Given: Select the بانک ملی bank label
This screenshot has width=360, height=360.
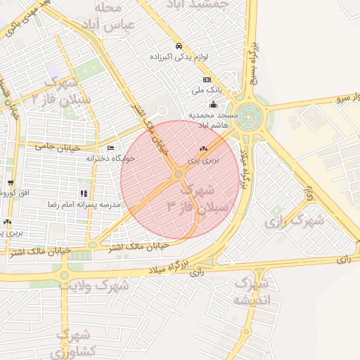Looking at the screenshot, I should click(207, 91).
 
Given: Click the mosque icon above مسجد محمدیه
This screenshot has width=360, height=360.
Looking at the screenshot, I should click(214, 105).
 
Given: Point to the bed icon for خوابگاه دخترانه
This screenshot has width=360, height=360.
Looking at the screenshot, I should click(110, 148).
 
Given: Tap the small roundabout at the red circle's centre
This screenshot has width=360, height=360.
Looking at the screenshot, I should click(179, 173).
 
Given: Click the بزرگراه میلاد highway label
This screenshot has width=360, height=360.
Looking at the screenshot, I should click(170, 269).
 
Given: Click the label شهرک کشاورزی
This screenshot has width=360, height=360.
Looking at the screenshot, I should click(73, 342).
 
